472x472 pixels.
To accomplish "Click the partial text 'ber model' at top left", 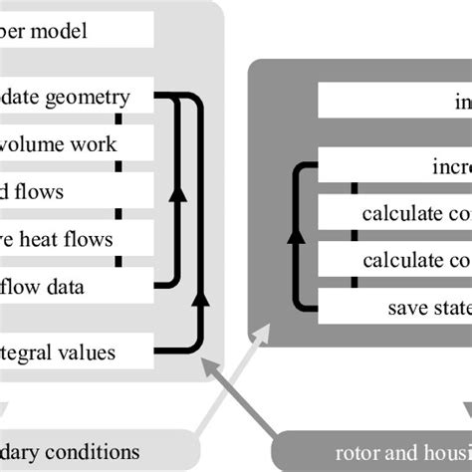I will [60, 31].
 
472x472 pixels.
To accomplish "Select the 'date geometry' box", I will [80, 97].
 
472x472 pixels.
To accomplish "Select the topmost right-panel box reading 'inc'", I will [393, 101].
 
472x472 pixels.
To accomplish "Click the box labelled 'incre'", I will [393, 166].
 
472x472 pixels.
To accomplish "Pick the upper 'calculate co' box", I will [393, 213].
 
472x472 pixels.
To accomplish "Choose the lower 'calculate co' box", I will [393, 260].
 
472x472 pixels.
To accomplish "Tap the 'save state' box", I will [393, 307].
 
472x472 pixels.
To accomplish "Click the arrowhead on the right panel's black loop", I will [296, 238].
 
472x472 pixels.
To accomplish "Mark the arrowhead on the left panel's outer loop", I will [202, 298].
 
